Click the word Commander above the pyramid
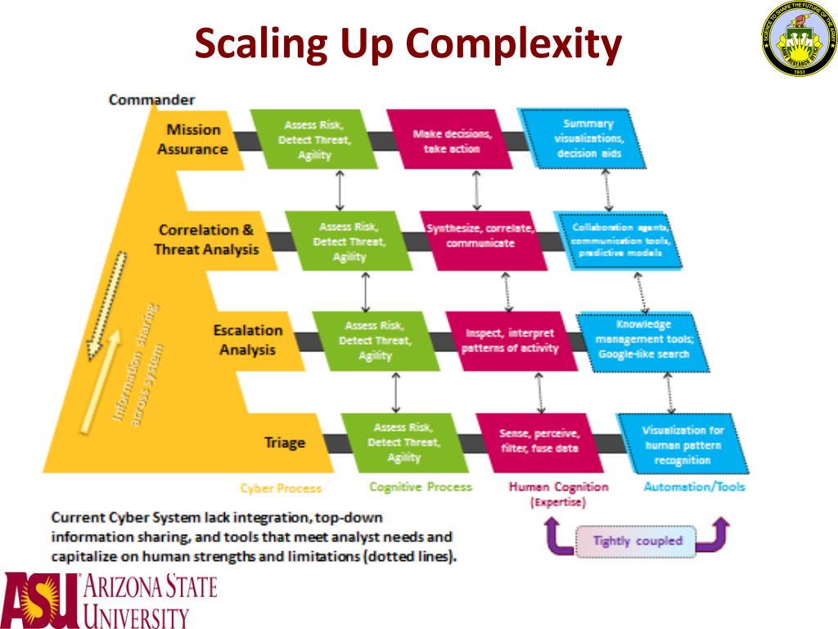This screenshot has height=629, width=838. coord(151,100)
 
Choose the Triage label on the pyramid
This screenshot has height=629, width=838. coord(284,442)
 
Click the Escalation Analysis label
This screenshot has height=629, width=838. coord(248,340)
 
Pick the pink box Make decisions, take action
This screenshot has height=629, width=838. coord(452,141)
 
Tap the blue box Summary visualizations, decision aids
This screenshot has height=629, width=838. coord(588,138)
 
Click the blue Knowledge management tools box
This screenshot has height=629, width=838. coord(642,338)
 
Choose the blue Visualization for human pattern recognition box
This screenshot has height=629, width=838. coord(682,445)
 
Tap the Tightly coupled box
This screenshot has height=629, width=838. coord(637,541)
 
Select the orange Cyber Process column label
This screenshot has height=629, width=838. coord(280,488)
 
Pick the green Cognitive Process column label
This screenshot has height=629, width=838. coord(420,486)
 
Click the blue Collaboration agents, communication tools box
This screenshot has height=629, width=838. coord(619,240)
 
